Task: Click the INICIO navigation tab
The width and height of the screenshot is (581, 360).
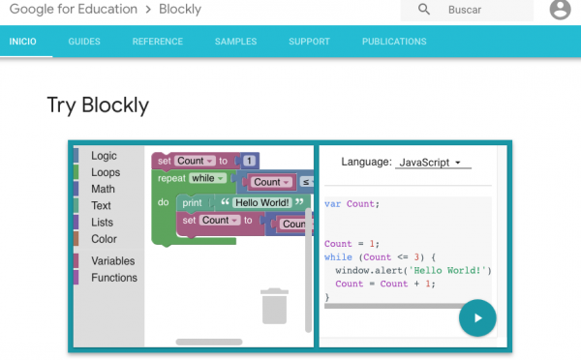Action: pos(22,42)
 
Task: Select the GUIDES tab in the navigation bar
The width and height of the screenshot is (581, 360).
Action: pos(85,42)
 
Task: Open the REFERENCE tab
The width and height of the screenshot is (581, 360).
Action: pos(157,42)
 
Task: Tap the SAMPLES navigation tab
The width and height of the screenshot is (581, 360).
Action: pos(235,42)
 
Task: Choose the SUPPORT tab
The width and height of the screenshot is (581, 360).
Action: pos(309,42)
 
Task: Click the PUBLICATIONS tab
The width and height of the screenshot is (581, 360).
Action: pos(394,42)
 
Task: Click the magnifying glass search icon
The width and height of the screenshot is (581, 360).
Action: pos(424,10)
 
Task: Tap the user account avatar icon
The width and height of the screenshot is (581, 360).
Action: pos(560,10)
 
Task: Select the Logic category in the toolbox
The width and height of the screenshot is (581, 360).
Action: pos(104,156)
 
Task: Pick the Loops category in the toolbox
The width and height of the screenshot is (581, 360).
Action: pos(106,172)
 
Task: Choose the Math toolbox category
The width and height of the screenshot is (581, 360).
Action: pos(103,189)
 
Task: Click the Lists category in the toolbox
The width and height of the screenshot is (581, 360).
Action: pos(102,223)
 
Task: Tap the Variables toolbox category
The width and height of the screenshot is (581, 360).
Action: pos(113,261)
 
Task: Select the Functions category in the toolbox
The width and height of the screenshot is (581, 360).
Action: pos(114,278)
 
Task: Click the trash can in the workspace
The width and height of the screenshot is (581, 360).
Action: pos(275,305)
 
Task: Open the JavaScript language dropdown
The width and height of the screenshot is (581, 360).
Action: pos(432,163)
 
